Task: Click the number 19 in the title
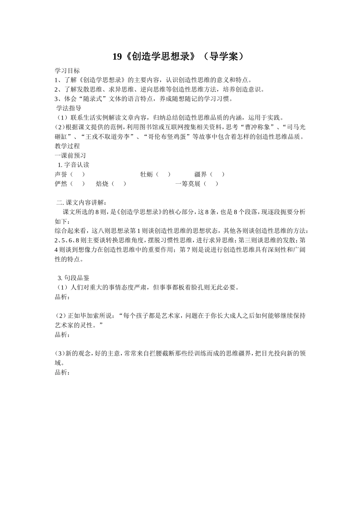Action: tap(117, 57)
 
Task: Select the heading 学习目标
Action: tap(67, 70)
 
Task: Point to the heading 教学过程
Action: tap(67, 146)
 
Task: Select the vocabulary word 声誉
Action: tap(61, 174)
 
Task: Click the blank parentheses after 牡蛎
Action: tap(163, 174)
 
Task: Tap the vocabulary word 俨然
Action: tap(61, 184)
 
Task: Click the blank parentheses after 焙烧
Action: tap(119, 184)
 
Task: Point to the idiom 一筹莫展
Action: tap(188, 184)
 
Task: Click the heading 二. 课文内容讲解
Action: tap(81, 202)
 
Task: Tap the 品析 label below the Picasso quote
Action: tap(62, 335)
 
